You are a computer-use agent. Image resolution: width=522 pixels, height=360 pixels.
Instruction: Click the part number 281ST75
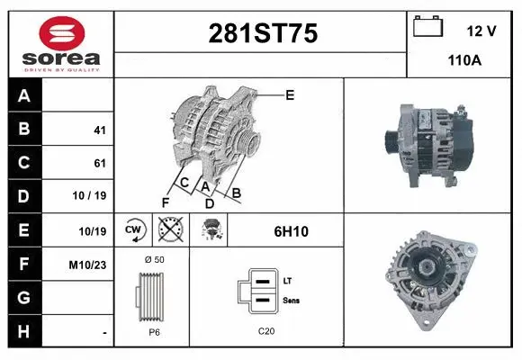point(263,34)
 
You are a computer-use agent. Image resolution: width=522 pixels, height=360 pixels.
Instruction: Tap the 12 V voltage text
point(481,31)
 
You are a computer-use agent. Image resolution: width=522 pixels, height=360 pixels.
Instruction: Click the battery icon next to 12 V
point(427,28)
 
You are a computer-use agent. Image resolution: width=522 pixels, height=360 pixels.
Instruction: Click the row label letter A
point(24,96)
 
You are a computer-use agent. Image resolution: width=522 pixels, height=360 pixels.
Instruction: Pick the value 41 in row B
point(99,130)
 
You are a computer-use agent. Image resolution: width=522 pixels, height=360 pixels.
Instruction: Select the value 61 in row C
point(99,164)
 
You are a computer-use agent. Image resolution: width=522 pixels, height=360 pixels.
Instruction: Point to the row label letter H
point(24,331)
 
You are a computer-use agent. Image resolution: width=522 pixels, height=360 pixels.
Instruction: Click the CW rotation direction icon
point(132,231)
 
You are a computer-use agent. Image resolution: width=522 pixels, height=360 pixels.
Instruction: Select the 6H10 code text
point(291,231)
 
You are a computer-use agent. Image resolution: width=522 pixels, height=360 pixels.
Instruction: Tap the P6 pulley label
point(154,331)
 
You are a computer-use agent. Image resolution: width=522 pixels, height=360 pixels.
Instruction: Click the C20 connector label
point(265,331)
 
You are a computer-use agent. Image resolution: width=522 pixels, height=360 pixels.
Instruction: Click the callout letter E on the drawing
point(289,94)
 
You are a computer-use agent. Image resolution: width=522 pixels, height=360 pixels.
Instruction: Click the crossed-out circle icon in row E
point(167,231)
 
